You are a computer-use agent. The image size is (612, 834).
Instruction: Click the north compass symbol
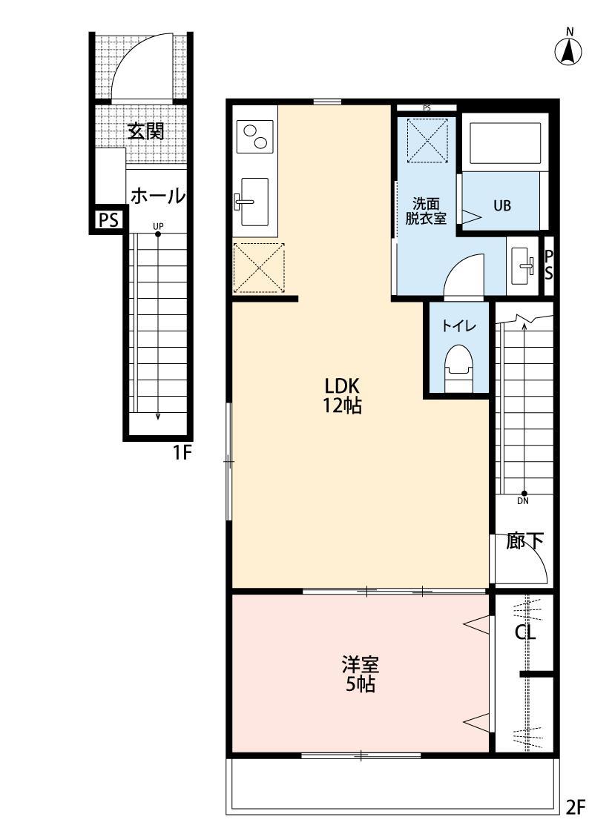tap(569, 50)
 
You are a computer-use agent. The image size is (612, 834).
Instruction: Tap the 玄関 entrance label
tap(145, 132)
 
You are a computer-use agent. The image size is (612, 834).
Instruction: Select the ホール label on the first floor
tap(157, 196)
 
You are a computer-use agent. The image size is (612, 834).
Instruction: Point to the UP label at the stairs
tap(158, 225)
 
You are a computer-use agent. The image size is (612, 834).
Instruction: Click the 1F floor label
tap(182, 451)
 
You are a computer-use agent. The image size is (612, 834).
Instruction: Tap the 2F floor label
tap(576, 807)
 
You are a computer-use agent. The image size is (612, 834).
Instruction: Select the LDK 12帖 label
tap(342, 395)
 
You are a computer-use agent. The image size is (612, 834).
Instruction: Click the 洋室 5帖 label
tap(360, 673)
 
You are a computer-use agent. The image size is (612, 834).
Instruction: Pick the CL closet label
tap(526, 632)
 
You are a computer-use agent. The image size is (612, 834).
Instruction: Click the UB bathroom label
tap(502, 206)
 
